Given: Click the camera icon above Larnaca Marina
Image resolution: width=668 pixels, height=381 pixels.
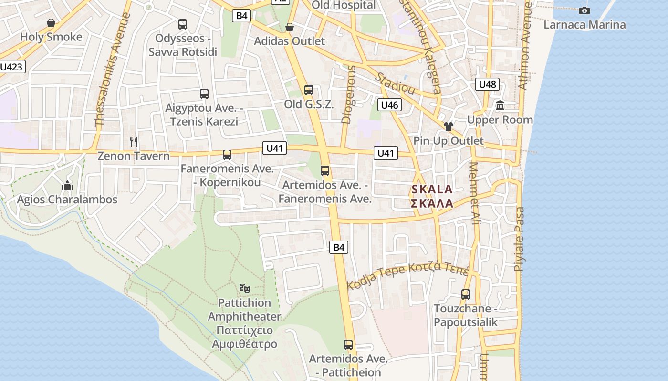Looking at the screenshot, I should [584, 10].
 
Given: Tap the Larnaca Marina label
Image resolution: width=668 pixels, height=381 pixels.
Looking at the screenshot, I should [584, 25].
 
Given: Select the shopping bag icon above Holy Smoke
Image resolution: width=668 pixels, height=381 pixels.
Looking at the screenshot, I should [51, 23].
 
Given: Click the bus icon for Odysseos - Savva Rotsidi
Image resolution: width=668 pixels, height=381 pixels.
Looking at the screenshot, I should [182, 24].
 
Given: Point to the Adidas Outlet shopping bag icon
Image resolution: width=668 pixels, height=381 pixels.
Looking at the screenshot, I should [289, 27].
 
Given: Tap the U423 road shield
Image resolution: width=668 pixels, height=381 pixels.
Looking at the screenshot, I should [11, 67].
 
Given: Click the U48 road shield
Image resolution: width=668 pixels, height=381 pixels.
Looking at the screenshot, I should [487, 84].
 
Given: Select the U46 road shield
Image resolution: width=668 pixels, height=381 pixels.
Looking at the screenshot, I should [389, 105].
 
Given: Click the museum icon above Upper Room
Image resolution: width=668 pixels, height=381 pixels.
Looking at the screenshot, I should [500, 106].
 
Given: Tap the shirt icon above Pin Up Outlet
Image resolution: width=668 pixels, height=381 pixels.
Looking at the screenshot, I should [448, 127].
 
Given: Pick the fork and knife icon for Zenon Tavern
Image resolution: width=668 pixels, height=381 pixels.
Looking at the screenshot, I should [134, 141].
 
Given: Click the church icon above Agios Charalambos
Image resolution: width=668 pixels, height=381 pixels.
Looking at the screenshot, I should [67, 185].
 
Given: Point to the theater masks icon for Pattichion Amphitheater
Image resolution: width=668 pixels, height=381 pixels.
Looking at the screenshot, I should [245, 288].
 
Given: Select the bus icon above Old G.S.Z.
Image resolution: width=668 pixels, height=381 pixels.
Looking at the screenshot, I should [309, 90].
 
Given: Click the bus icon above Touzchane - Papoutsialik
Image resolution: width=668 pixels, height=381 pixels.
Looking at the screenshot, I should [466, 294].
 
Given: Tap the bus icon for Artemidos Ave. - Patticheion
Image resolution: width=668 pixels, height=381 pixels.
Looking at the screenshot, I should [348, 344].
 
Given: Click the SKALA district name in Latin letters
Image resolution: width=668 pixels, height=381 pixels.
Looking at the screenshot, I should [431, 189].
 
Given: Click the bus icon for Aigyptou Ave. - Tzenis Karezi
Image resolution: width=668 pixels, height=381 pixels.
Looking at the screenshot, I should [204, 94].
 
